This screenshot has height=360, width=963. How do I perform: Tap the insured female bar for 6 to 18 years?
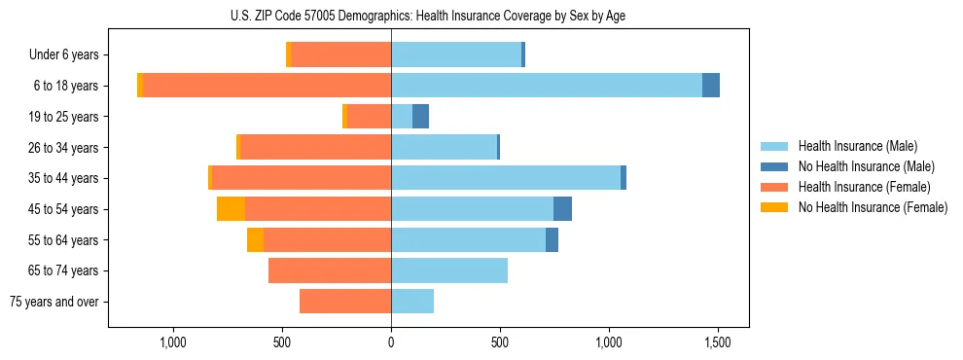pyautogui.click(x=267, y=86)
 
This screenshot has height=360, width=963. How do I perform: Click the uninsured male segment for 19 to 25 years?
pyautogui.click(x=420, y=117)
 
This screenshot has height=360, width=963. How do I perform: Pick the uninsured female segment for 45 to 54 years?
pyautogui.click(x=231, y=209)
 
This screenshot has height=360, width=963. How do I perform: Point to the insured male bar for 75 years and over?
pyautogui.click(x=412, y=302)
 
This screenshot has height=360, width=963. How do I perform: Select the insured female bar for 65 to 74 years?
pyautogui.click(x=330, y=270)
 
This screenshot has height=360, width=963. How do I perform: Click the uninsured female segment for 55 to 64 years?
pyautogui.click(x=255, y=240)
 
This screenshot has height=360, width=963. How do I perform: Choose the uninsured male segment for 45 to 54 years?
pyautogui.click(x=562, y=209)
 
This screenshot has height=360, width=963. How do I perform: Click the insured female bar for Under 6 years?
pyautogui.click(x=340, y=55)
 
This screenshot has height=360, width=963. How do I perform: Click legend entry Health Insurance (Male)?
pyautogui.click(x=857, y=146)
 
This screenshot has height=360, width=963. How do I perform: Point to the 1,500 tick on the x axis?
pyautogui.click(x=718, y=342)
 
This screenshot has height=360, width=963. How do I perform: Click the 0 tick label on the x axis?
pyautogui.click(x=391, y=342)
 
